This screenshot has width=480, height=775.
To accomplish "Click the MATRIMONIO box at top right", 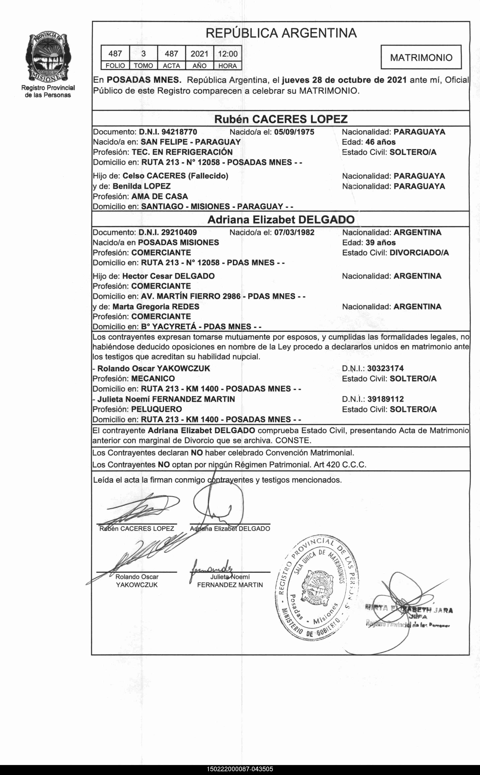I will [x=421, y=58].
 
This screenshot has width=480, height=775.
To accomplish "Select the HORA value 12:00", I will [x=228, y=54].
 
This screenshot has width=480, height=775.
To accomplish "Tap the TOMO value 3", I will [x=144, y=54].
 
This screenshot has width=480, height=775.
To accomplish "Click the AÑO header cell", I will [x=199, y=66].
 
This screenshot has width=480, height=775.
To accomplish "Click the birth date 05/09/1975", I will [x=294, y=132].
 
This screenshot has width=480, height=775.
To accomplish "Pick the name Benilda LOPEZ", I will [x=142, y=186].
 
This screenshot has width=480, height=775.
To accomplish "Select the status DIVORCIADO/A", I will [x=419, y=253].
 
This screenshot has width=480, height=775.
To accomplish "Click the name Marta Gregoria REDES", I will [x=156, y=307].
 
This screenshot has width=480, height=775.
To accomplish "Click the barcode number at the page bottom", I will [x=240, y=769].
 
